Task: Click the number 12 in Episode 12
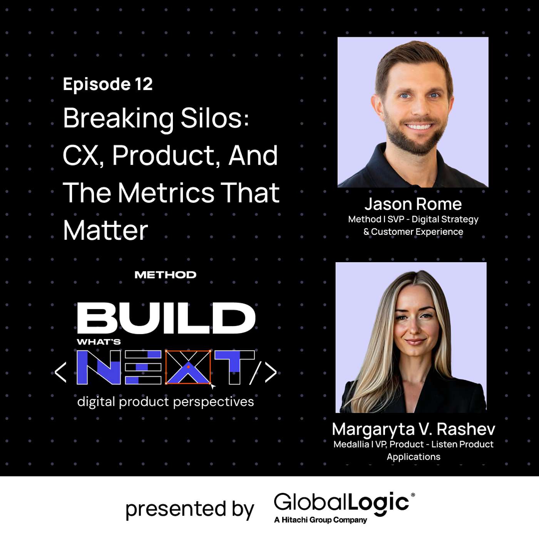pos(144,84)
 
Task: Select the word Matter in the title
pos(105,230)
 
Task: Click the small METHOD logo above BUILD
pos(165,275)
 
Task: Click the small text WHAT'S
pos(99,342)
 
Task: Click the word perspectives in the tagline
pos(213,402)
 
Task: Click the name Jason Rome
pos(413,204)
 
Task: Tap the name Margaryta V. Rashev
pos(413,429)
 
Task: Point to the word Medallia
pos(351,444)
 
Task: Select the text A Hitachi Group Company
pos(320,520)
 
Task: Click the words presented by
pos(190,509)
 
